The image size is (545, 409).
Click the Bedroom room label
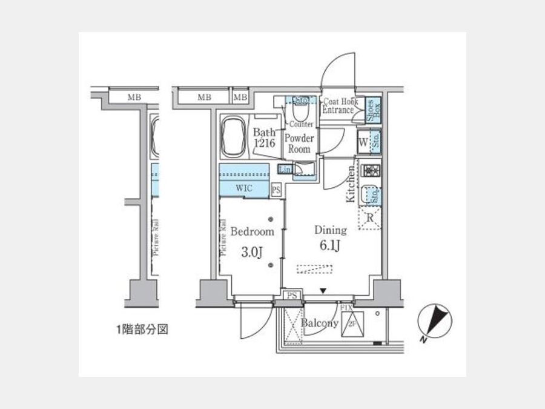pyautogui.click(x=252, y=231)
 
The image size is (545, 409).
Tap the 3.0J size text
pyautogui.click(x=252, y=252)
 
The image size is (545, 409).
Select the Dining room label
pyautogui.click(x=330, y=230)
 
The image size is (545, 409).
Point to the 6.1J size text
pyautogui.click(x=330, y=247)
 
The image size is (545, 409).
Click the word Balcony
pyautogui.click(x=320, y=324)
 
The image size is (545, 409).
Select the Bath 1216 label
pyautogui.click(x=265, y=138)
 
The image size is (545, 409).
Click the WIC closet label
pyautogui.click(x=245, y=189)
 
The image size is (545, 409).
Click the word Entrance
pyautogui.click(x=338, y=110)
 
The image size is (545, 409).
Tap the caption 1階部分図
pyautogui.click(x=141, y=330)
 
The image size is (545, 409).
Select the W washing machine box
pyautogui.click(x=363, y=144)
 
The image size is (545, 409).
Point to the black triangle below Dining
pyautogui.click(x=323, y=291)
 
